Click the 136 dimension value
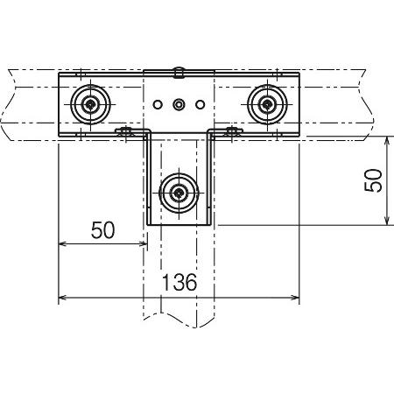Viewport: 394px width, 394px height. click(179, 283)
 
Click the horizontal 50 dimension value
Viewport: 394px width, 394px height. click(102, 230)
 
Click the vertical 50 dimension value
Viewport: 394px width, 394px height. click(373, 180)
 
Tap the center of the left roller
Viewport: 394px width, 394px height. click(91, 104)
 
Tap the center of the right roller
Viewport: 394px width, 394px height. click(267, 104)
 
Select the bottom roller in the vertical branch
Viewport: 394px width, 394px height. click(179, 193)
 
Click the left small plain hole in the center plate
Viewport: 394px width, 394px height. click(158, 104)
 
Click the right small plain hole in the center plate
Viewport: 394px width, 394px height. click(200, 104)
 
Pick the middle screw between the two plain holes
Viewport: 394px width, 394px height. click(179, 104)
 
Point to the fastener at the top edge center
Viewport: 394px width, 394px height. click(179, 73)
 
